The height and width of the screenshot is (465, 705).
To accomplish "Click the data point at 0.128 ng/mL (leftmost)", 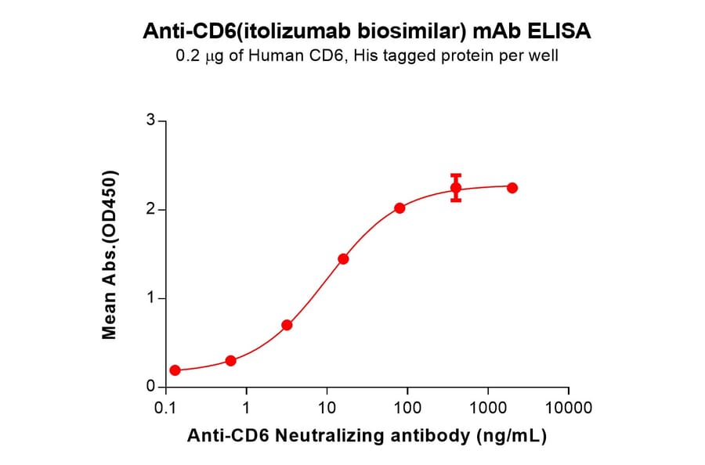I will click(x=175, y=370).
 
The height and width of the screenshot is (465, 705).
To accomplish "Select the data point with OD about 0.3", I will click(x=230, y=361).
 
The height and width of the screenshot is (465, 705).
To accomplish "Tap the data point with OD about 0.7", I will click(x=287, y=325).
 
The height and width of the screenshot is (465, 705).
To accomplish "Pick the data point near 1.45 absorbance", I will click(x=343, y=259).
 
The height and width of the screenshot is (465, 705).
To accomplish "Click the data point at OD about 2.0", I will click(x=399, y=208).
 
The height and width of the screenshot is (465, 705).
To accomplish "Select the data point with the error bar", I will click(x=456, y=188).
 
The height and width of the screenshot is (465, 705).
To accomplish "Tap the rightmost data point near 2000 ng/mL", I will click(x=512, y=188).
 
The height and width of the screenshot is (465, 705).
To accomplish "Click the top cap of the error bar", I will click(x=456, y=175).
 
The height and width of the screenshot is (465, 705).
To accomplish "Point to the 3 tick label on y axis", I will click(x=150, y=121).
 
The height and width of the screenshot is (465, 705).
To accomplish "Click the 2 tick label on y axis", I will click(x=150, y=210).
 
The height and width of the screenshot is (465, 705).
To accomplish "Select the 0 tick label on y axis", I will click(x=150, y=387).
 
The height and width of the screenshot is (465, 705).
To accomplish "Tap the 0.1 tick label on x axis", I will click(x=165, y=408).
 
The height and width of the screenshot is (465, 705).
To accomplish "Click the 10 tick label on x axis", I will click(x=327, y=408).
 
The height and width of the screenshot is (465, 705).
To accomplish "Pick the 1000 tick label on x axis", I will click(x=487, y=408).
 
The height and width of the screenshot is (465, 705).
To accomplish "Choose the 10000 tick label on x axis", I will click(x=568, y=408).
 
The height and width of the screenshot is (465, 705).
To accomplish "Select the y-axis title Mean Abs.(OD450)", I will click(x=110, y=254).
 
